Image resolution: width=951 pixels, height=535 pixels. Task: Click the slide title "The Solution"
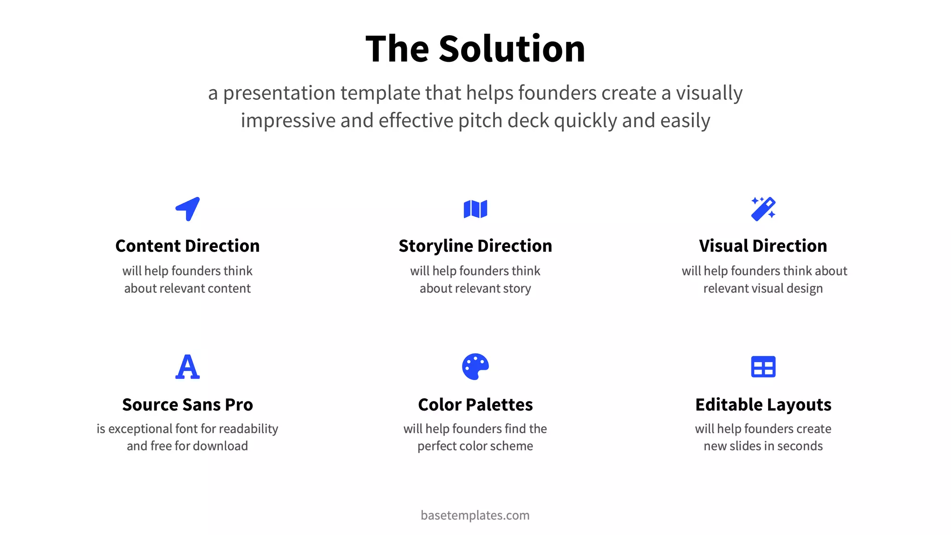475,49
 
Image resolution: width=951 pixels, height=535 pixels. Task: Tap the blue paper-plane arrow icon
188,209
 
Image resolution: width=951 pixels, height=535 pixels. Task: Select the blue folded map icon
475,209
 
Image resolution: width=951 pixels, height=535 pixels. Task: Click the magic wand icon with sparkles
763,209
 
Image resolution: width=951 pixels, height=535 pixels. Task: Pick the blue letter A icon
188,367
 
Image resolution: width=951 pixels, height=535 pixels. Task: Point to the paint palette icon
475,367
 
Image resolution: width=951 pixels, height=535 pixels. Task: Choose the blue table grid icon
763,367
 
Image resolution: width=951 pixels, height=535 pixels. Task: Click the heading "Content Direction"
188,246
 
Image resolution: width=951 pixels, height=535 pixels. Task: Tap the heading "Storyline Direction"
475,246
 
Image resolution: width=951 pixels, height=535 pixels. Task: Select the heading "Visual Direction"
763,246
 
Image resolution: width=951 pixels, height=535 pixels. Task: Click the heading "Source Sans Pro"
188,405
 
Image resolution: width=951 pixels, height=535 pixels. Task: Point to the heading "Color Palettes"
475,405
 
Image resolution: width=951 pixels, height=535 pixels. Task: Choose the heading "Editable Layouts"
763,405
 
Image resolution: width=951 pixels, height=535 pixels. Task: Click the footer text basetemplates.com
475,515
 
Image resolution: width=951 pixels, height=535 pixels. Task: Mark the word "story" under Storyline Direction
517,288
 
